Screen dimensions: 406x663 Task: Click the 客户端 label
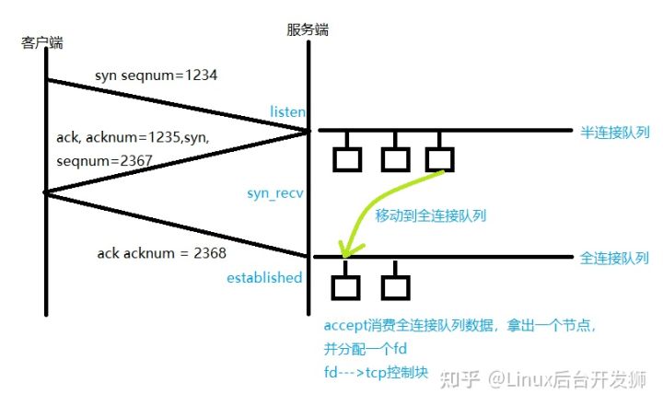click(x=43, y=43)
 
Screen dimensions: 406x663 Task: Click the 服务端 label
click(x=308, y=29)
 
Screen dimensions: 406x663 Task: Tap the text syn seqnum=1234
click(x=156, y=75)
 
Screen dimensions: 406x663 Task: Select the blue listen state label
click(x=287, y=111)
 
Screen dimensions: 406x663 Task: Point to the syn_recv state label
click(x=275, y=193)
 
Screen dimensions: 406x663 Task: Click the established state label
click(x=264, y=277)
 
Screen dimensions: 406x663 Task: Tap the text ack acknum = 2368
click(x=161, y=251)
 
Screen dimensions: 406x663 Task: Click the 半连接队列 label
click(x=614, y=133)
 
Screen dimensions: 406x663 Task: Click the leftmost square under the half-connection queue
click(x=347, y=159)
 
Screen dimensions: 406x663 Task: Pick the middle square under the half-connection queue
click(x=395, y=159)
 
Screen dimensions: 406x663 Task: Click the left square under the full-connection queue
click(x=346, y=286)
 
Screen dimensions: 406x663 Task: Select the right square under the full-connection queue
click(x=395, y=286)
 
